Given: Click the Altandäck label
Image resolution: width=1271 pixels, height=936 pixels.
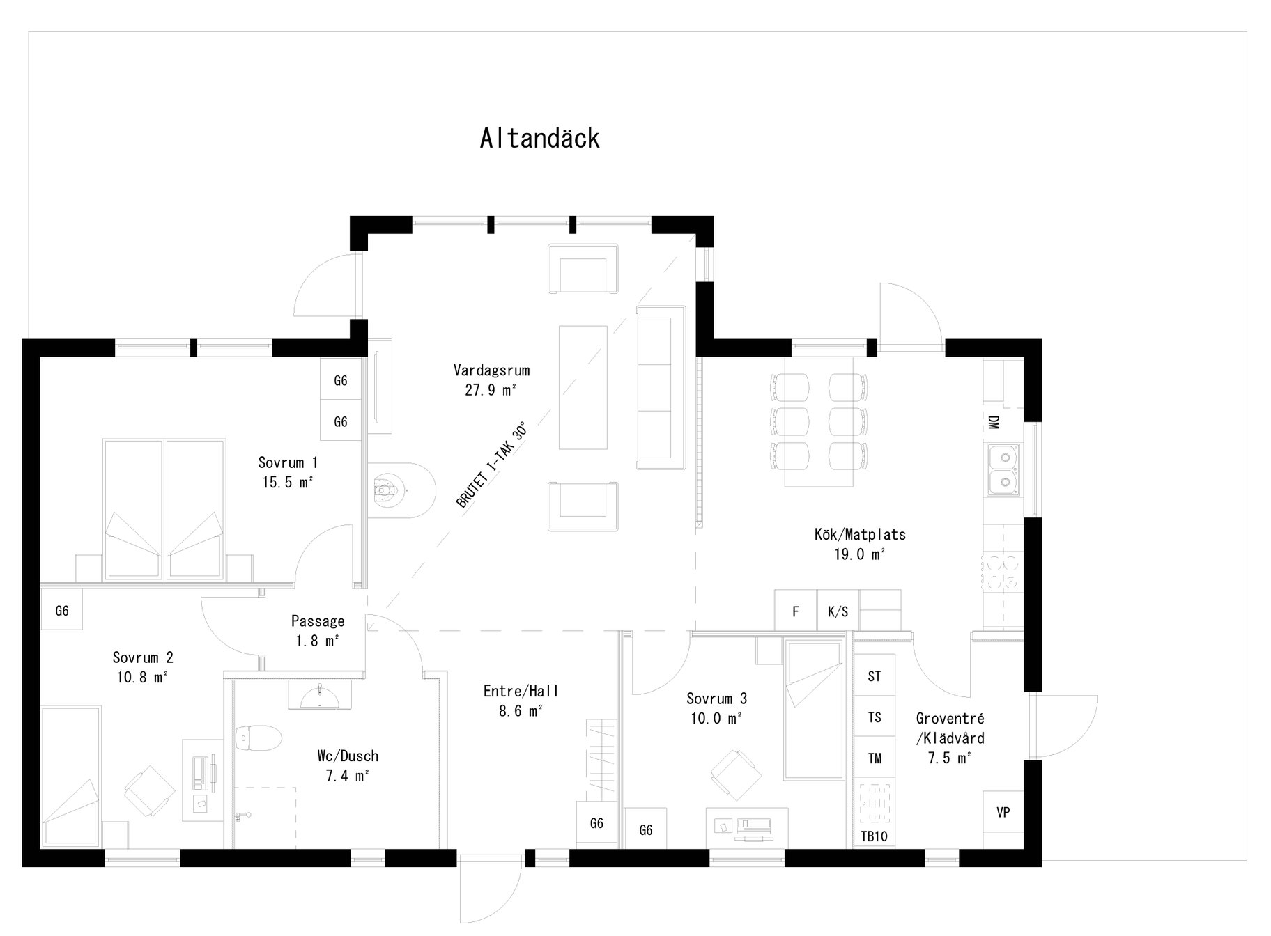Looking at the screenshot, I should click(x=539, y=139).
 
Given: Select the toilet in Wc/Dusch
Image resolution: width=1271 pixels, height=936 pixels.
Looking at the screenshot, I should click(x=257, y=738).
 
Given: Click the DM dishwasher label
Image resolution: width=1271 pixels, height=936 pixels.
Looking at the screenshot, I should click(x=994, y=422).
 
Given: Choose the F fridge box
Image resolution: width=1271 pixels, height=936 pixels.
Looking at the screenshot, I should click(x=796, y=611).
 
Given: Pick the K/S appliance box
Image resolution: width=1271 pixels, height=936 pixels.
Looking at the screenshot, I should click(x=838, y=611).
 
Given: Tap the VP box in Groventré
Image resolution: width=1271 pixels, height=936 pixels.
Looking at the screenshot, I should click(x=1003, y=812).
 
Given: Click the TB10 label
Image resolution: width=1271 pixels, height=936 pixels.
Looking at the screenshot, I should click(x=874, y=836).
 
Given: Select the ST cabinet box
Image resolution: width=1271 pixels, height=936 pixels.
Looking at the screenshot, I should click(x=875, y=676).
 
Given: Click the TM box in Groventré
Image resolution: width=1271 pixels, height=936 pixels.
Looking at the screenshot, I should click(x=875, y=758).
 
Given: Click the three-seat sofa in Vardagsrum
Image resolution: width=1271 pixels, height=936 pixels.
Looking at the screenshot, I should click(x=661, y=387).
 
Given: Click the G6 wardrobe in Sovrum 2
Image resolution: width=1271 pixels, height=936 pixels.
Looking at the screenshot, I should click(x=62, y=611).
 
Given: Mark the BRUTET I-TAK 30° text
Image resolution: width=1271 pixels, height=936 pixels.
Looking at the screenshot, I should click(x=491, y=465).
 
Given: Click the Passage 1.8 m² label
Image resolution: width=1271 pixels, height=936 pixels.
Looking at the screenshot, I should click(x=318, y=630).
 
